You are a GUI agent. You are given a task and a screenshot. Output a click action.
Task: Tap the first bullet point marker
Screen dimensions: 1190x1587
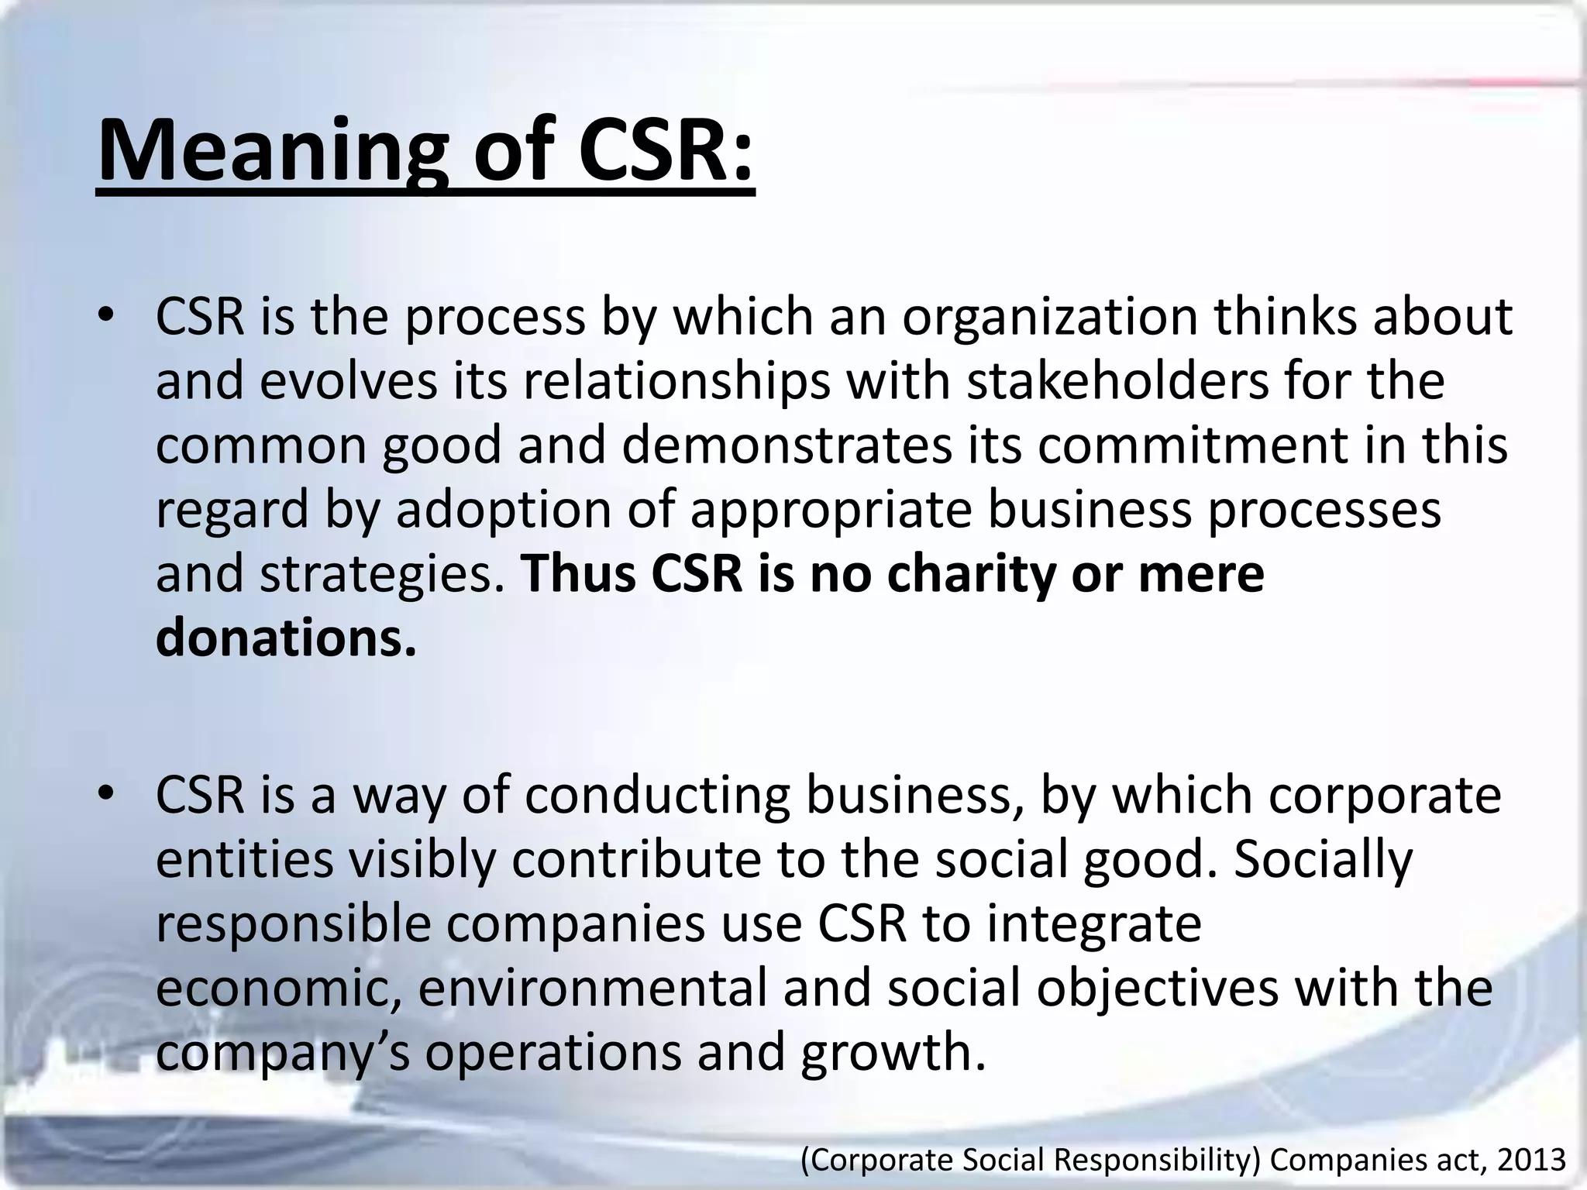106,316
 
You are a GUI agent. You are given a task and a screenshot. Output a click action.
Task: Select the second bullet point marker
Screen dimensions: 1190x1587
106,795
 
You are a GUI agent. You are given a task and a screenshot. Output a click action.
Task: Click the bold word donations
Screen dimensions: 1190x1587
286,638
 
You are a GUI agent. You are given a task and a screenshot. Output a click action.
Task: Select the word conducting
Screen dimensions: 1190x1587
658,796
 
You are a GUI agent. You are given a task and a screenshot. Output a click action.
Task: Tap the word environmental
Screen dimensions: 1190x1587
594,989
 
